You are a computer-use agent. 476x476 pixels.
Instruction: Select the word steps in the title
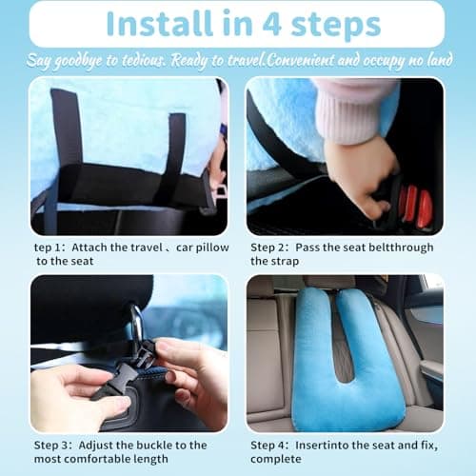pyautogui.click(x=325, y=23)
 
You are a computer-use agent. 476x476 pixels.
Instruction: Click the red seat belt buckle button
pyautogui.click(x=415, y=205)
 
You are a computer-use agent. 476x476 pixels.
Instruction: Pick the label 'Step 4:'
pyautogui.click(x=271, y=445)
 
